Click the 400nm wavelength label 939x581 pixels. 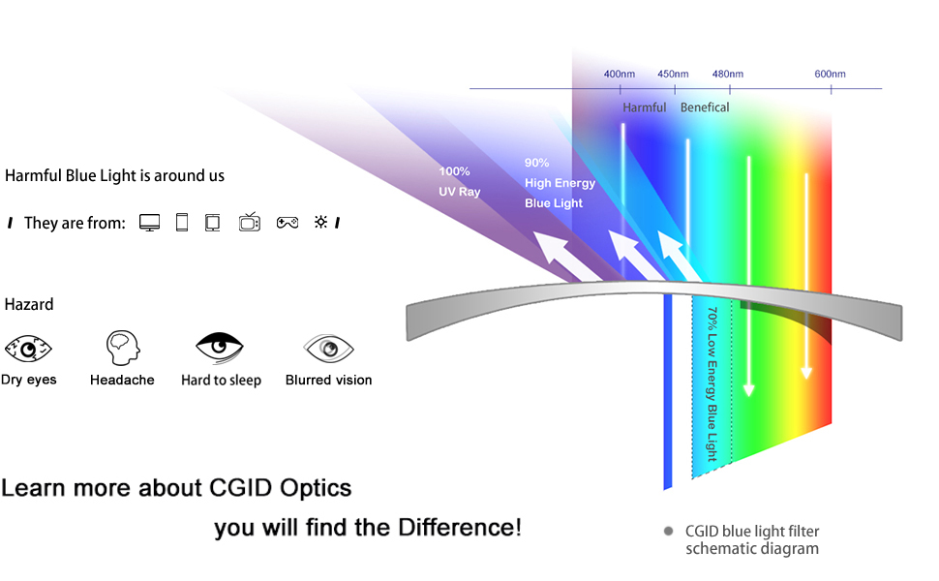tap(620, 75)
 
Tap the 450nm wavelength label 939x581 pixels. tap(673, 75)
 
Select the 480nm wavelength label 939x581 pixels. tap(728, 75)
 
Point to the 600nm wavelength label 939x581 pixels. tap(830, 75)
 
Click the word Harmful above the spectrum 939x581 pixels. tap(644, 107)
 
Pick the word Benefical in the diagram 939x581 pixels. tap(705, 107)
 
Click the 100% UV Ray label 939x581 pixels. tap(460, 181)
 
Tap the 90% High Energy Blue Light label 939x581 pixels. tap(560, 183)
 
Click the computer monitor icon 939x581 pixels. tap(149, 223)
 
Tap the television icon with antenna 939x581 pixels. tap(250, 222)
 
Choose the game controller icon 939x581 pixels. tap(288, 223)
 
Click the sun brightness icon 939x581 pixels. tap(321, 223)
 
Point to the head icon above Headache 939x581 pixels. tap(123, 346)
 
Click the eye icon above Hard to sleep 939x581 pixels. tap(220, 346)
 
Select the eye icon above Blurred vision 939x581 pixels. tap(328, 347)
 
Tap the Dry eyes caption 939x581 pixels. tap(29, 380)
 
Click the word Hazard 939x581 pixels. tap(29, 304)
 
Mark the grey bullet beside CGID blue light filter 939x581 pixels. tap(668, 532)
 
